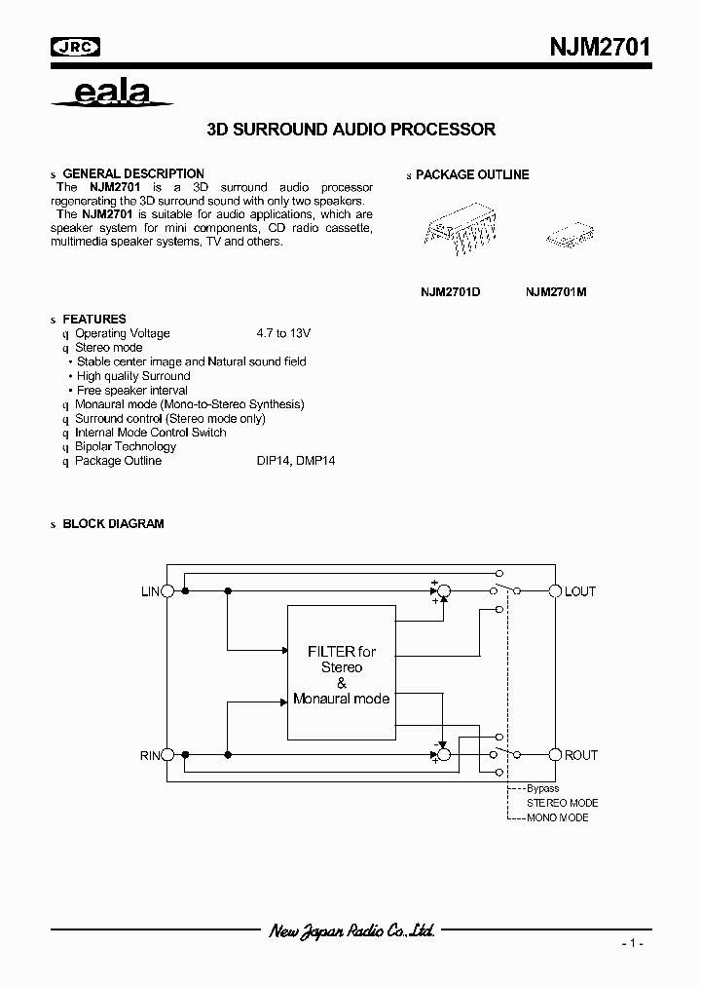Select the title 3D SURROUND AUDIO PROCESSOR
[x=351, y=129]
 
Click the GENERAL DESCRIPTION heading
[x=133, y=173]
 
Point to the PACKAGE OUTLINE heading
[x=472, y=174]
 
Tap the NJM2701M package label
[x=556, y=291]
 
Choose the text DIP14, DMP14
[x=289, y=461]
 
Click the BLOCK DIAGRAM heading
[x=113, y=523]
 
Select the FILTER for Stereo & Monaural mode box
[x=341, y=672]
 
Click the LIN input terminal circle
[x=166, y=591]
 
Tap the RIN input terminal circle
[x=166, y=755]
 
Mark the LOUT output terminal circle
[x=556, y=591]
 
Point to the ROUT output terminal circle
[x=556, y=755]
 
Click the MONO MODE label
[x=557, y=817]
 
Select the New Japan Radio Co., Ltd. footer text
[x=351, y=931]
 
